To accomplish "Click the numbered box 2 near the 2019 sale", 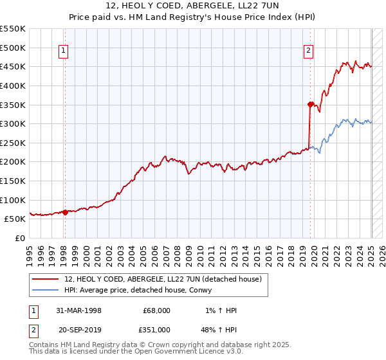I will [x=309, y=52].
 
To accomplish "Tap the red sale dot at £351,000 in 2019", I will [x=310, y=104].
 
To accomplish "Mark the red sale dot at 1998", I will [x=65, y=212].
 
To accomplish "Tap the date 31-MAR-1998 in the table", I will [x=78, y=310].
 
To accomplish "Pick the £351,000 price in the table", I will [x=157, y=329].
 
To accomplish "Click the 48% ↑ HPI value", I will [x=219, y=329].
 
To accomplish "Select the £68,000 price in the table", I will [x=157, y=310].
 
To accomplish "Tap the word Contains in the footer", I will [x=46, y=345].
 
